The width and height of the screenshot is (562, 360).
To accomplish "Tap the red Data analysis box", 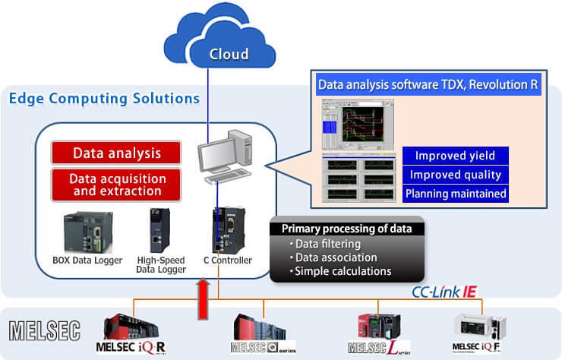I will (x=116, y=153).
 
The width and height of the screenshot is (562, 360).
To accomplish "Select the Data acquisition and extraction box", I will (x=116, y=185).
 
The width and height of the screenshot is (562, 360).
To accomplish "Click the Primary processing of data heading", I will (x=347, y=228).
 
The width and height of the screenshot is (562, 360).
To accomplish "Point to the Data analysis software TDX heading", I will (x=428, y=84).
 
